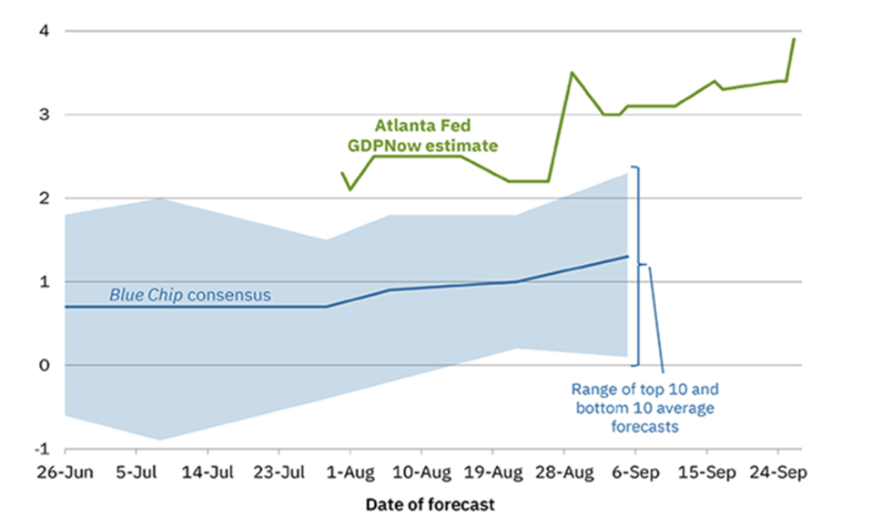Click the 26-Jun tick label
coord(65,473)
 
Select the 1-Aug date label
coord(350,473)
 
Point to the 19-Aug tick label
coord(492,473)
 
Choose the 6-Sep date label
coord(635,473)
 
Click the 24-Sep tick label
coord(777,473)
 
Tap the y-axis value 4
coord(43,31)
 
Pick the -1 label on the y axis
coord(40,450)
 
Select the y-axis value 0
coord(43,366)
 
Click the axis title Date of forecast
coord(431,503)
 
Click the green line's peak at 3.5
coord(572,72)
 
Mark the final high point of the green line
coord(795,38)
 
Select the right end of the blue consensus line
coord(628,256)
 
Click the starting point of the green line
coord(342,172)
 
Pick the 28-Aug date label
coord(563,473)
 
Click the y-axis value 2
coord(43,198)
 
